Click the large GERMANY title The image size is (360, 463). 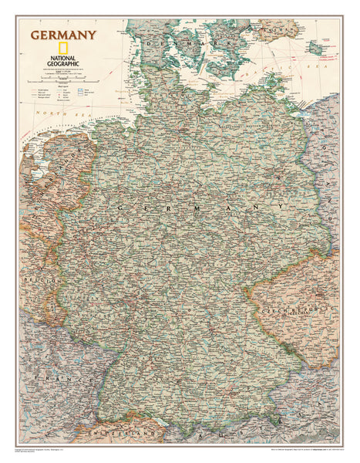(63, 34)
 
